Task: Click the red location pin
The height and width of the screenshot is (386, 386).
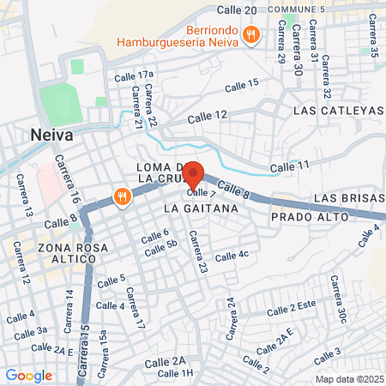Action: [x=193, y=175]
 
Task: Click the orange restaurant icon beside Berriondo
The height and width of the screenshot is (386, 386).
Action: [x=250, y=34]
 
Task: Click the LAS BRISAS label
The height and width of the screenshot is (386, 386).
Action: [x=347, y=198]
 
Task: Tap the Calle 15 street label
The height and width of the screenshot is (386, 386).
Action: [x=241, y=85]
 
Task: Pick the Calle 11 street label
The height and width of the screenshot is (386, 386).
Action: [x=288, y=165]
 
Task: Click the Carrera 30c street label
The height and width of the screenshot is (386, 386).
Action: [x=337, y=300]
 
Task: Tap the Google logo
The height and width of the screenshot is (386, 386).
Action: [x=28, y=375]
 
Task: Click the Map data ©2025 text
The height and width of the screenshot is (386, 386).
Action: [x=347, y=379]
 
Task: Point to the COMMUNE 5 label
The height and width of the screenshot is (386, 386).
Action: [x=297, y=9]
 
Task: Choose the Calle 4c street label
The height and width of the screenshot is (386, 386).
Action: [x=232, y=256]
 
